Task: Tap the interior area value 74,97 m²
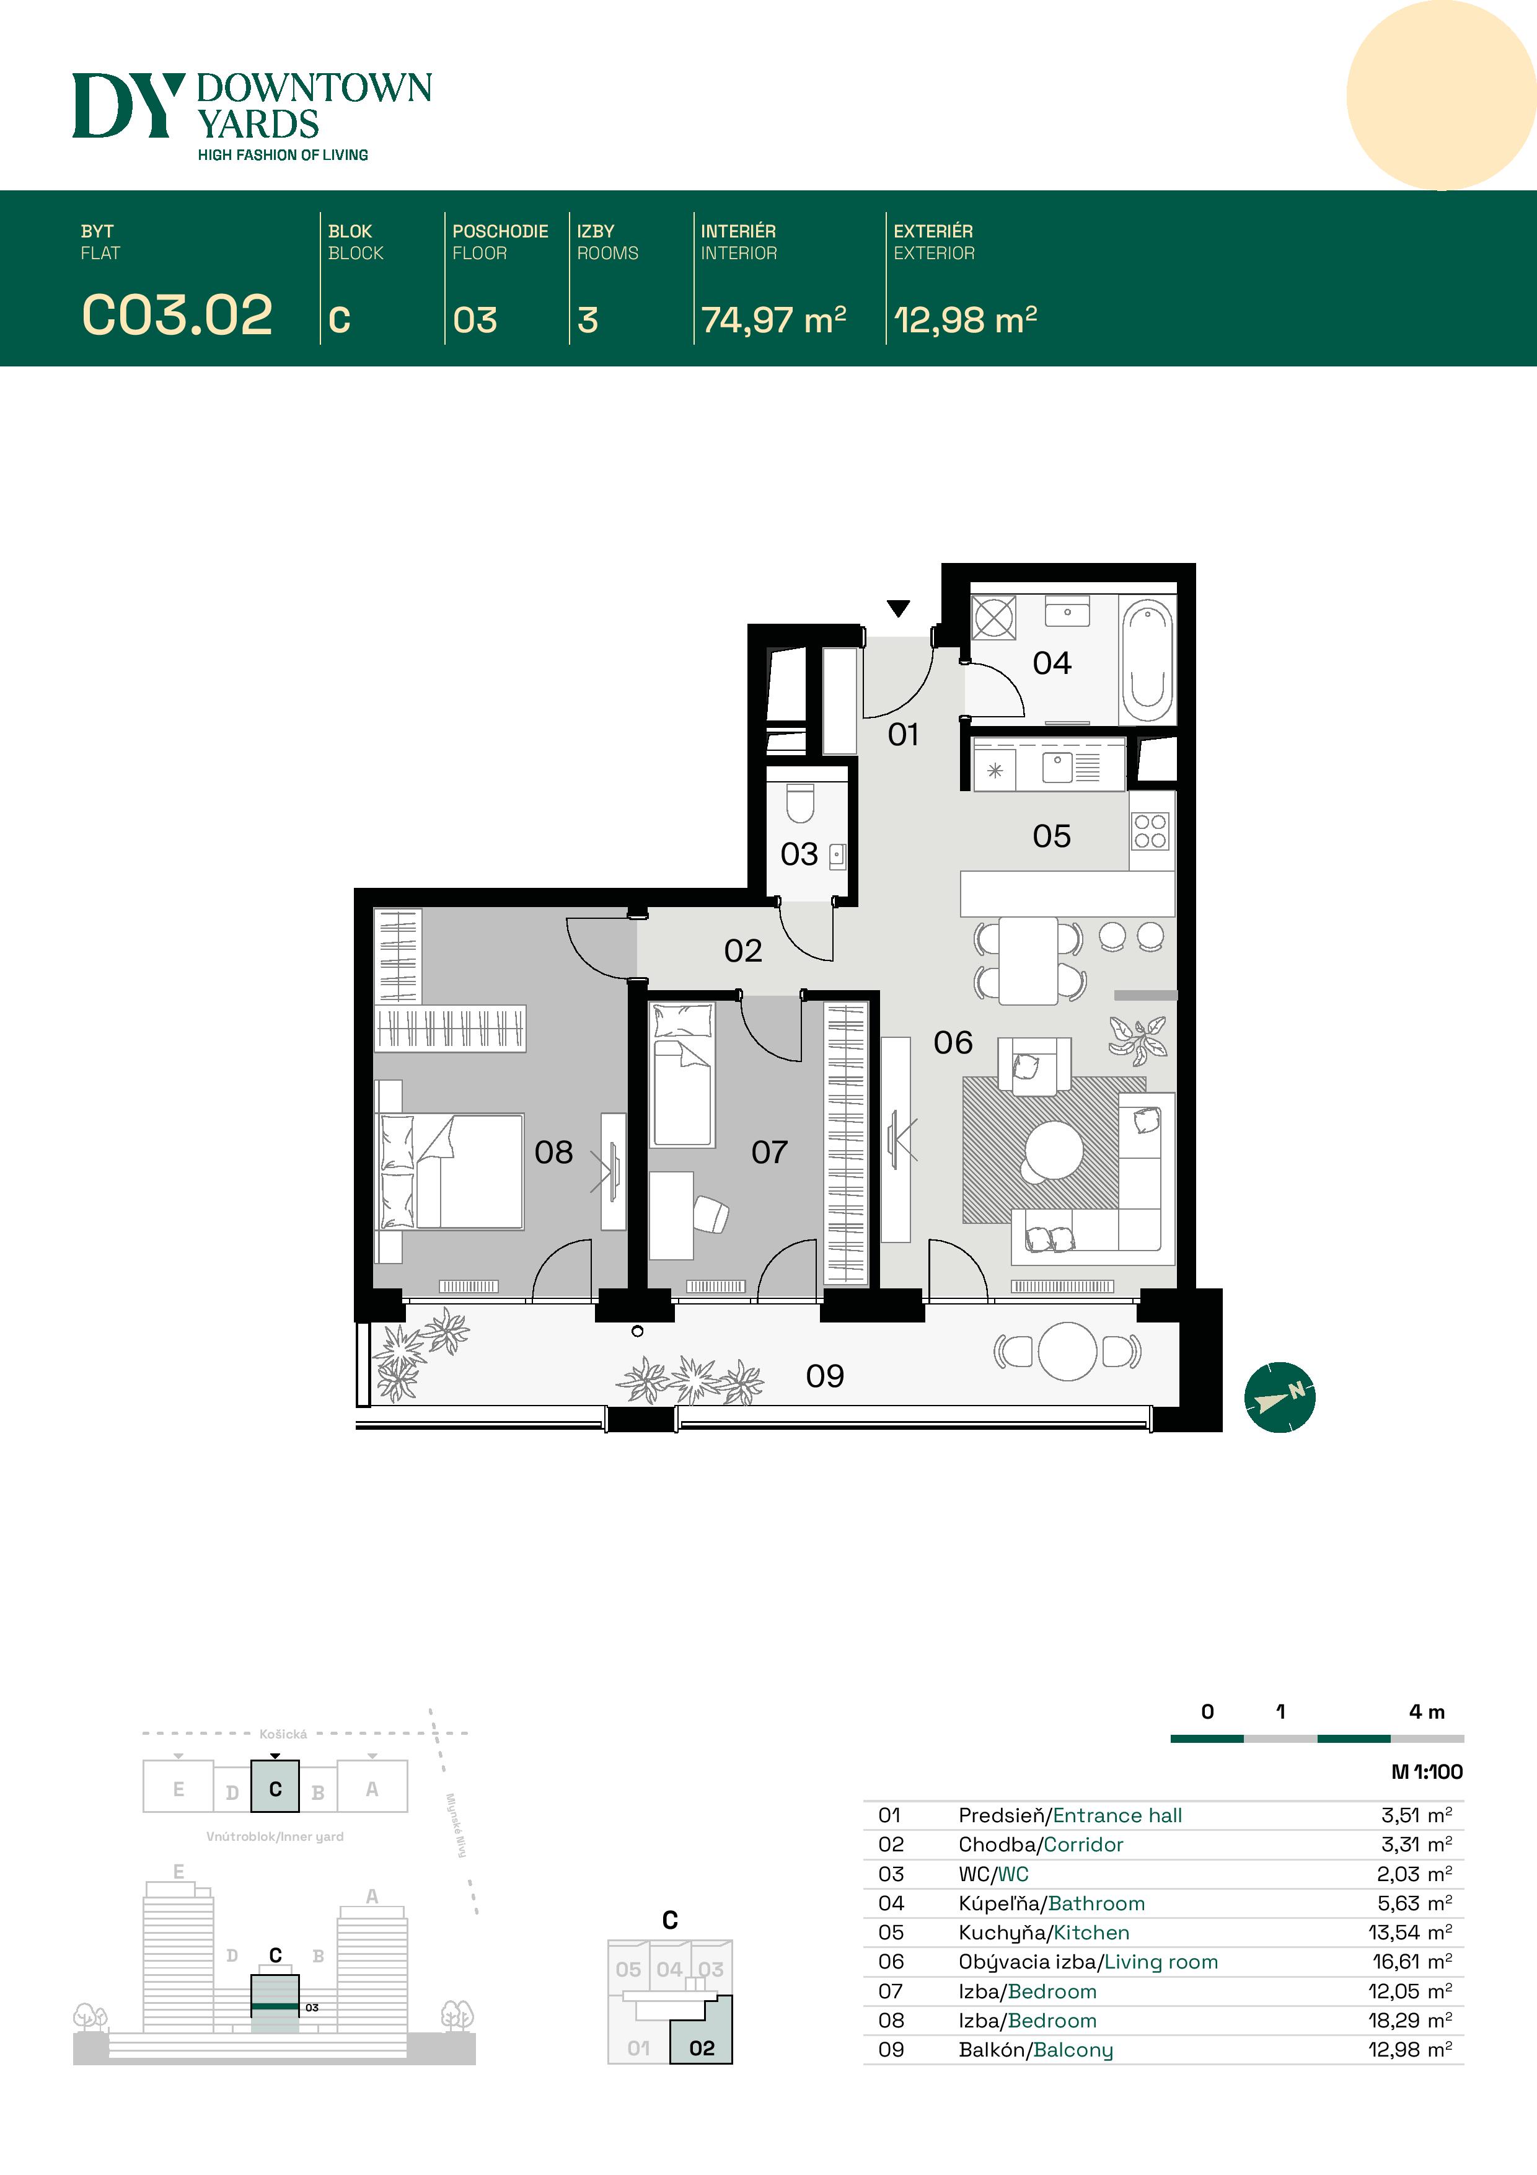(x=773, y=320)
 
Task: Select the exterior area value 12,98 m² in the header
(x=965, y=320)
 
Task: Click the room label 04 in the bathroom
(x=1052, y=663)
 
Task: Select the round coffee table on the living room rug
(x=1054, y=1151)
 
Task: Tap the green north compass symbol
(x=1279, y=1398)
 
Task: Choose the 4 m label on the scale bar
(x=1426, y=1712)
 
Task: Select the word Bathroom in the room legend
(x=1096, y=1903)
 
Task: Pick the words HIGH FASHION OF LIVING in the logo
(x=283, y=154)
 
